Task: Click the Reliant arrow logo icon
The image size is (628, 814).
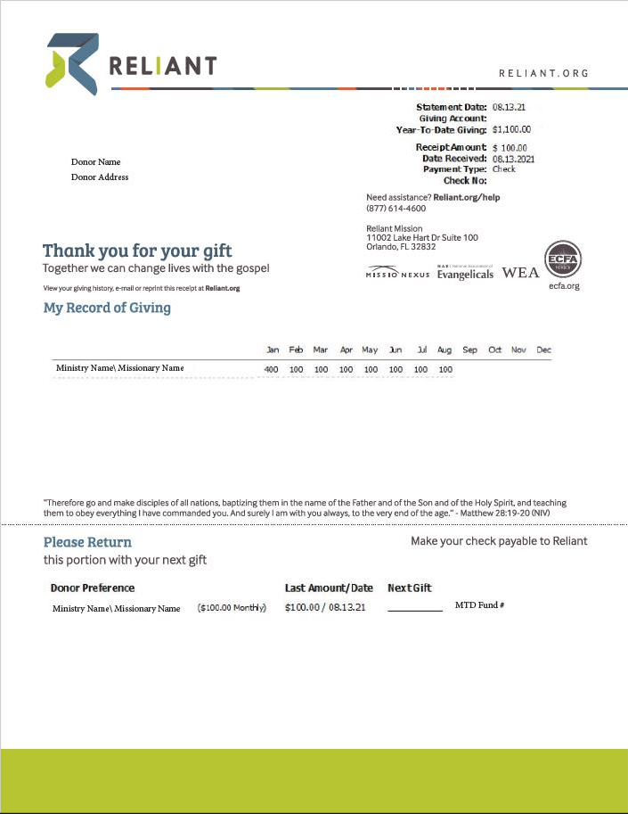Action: (x=72, y=63)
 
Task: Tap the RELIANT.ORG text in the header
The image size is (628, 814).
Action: (x=543, y=73)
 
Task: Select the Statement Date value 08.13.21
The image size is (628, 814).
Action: (x=510, y=107)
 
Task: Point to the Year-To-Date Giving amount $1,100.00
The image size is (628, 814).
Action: (x=511, y=130)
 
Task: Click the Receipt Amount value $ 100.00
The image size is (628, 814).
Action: (x=510, y=148)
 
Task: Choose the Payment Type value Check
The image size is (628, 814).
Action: (x=503, y=169)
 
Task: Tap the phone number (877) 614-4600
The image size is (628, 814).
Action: (x=396, y=209)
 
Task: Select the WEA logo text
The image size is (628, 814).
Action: (x=520, y=273)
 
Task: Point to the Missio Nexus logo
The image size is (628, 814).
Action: (x=397, y=272)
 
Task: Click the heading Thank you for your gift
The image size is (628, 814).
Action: (x=137, y=251)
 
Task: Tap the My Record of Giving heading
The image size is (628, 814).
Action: (x=107, y=308)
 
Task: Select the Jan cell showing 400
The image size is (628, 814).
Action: (x=272, y=369)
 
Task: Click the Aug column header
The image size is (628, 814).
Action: (x=445, y=350)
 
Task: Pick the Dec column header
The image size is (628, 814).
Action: (x=543, y=350)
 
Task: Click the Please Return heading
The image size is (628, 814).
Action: (x=87, y=542)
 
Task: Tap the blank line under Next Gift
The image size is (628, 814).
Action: (x=415, y=609)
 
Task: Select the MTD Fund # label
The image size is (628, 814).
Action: (x=480, y=605)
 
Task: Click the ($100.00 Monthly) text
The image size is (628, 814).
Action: (x=232, y=608)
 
